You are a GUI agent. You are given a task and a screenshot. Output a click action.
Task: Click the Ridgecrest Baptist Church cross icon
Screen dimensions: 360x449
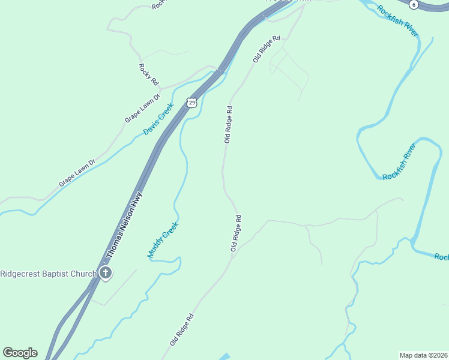tap(106, 274)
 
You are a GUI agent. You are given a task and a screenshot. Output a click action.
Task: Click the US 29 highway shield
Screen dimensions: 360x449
tap(191, 103)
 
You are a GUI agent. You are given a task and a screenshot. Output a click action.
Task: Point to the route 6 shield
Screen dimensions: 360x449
tap(413, 4)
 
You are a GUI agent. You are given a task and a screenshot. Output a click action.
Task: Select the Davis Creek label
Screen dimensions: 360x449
tap(158, 119)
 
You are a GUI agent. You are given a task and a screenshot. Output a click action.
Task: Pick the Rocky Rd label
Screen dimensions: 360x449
tap(148, 74)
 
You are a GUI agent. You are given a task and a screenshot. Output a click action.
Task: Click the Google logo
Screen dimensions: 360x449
tap(20, 353)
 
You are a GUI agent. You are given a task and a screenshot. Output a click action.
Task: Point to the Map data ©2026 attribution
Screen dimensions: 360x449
tap(423, 355)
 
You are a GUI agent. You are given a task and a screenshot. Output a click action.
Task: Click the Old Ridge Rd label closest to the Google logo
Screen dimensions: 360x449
tap(182, 330)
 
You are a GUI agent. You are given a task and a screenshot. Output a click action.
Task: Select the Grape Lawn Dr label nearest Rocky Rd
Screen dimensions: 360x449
tap(142, 108)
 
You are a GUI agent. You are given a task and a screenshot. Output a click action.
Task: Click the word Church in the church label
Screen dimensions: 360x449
tap(86, 274)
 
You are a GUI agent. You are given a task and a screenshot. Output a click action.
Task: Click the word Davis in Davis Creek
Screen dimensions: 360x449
tap(151, 127)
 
